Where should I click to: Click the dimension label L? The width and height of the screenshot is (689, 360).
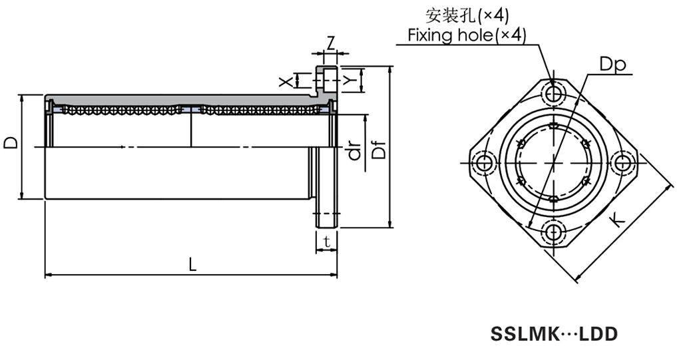tap(192, 264)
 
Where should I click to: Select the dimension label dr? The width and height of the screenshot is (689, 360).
tap(354, 152)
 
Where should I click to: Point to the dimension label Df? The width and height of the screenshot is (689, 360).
tap(378, 152)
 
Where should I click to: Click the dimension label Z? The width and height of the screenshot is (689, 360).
tap(331, 43)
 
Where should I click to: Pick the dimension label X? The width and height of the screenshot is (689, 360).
tap(285, 81)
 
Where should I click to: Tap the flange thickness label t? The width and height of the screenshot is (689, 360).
tap(327, 242)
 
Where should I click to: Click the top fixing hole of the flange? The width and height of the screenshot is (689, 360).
tap(553, 93)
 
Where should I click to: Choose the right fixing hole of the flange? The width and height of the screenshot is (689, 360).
tap(622, 162)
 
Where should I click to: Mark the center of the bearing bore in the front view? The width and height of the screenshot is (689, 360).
tap(553, 162)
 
